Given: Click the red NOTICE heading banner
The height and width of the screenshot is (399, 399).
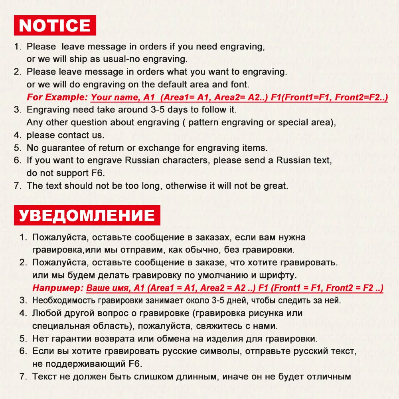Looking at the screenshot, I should tap(55, 26).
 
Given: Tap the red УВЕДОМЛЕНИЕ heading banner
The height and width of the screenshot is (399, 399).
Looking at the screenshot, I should tap(87, 215).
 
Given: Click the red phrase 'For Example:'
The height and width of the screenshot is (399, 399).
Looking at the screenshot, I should tap(57, 97).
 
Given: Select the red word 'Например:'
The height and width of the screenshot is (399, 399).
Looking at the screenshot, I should tap(58, 288).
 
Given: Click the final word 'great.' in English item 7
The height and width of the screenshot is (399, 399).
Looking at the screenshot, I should tap(275, 186).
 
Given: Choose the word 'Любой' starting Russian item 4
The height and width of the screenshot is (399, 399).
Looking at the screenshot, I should tap(44, 313).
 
